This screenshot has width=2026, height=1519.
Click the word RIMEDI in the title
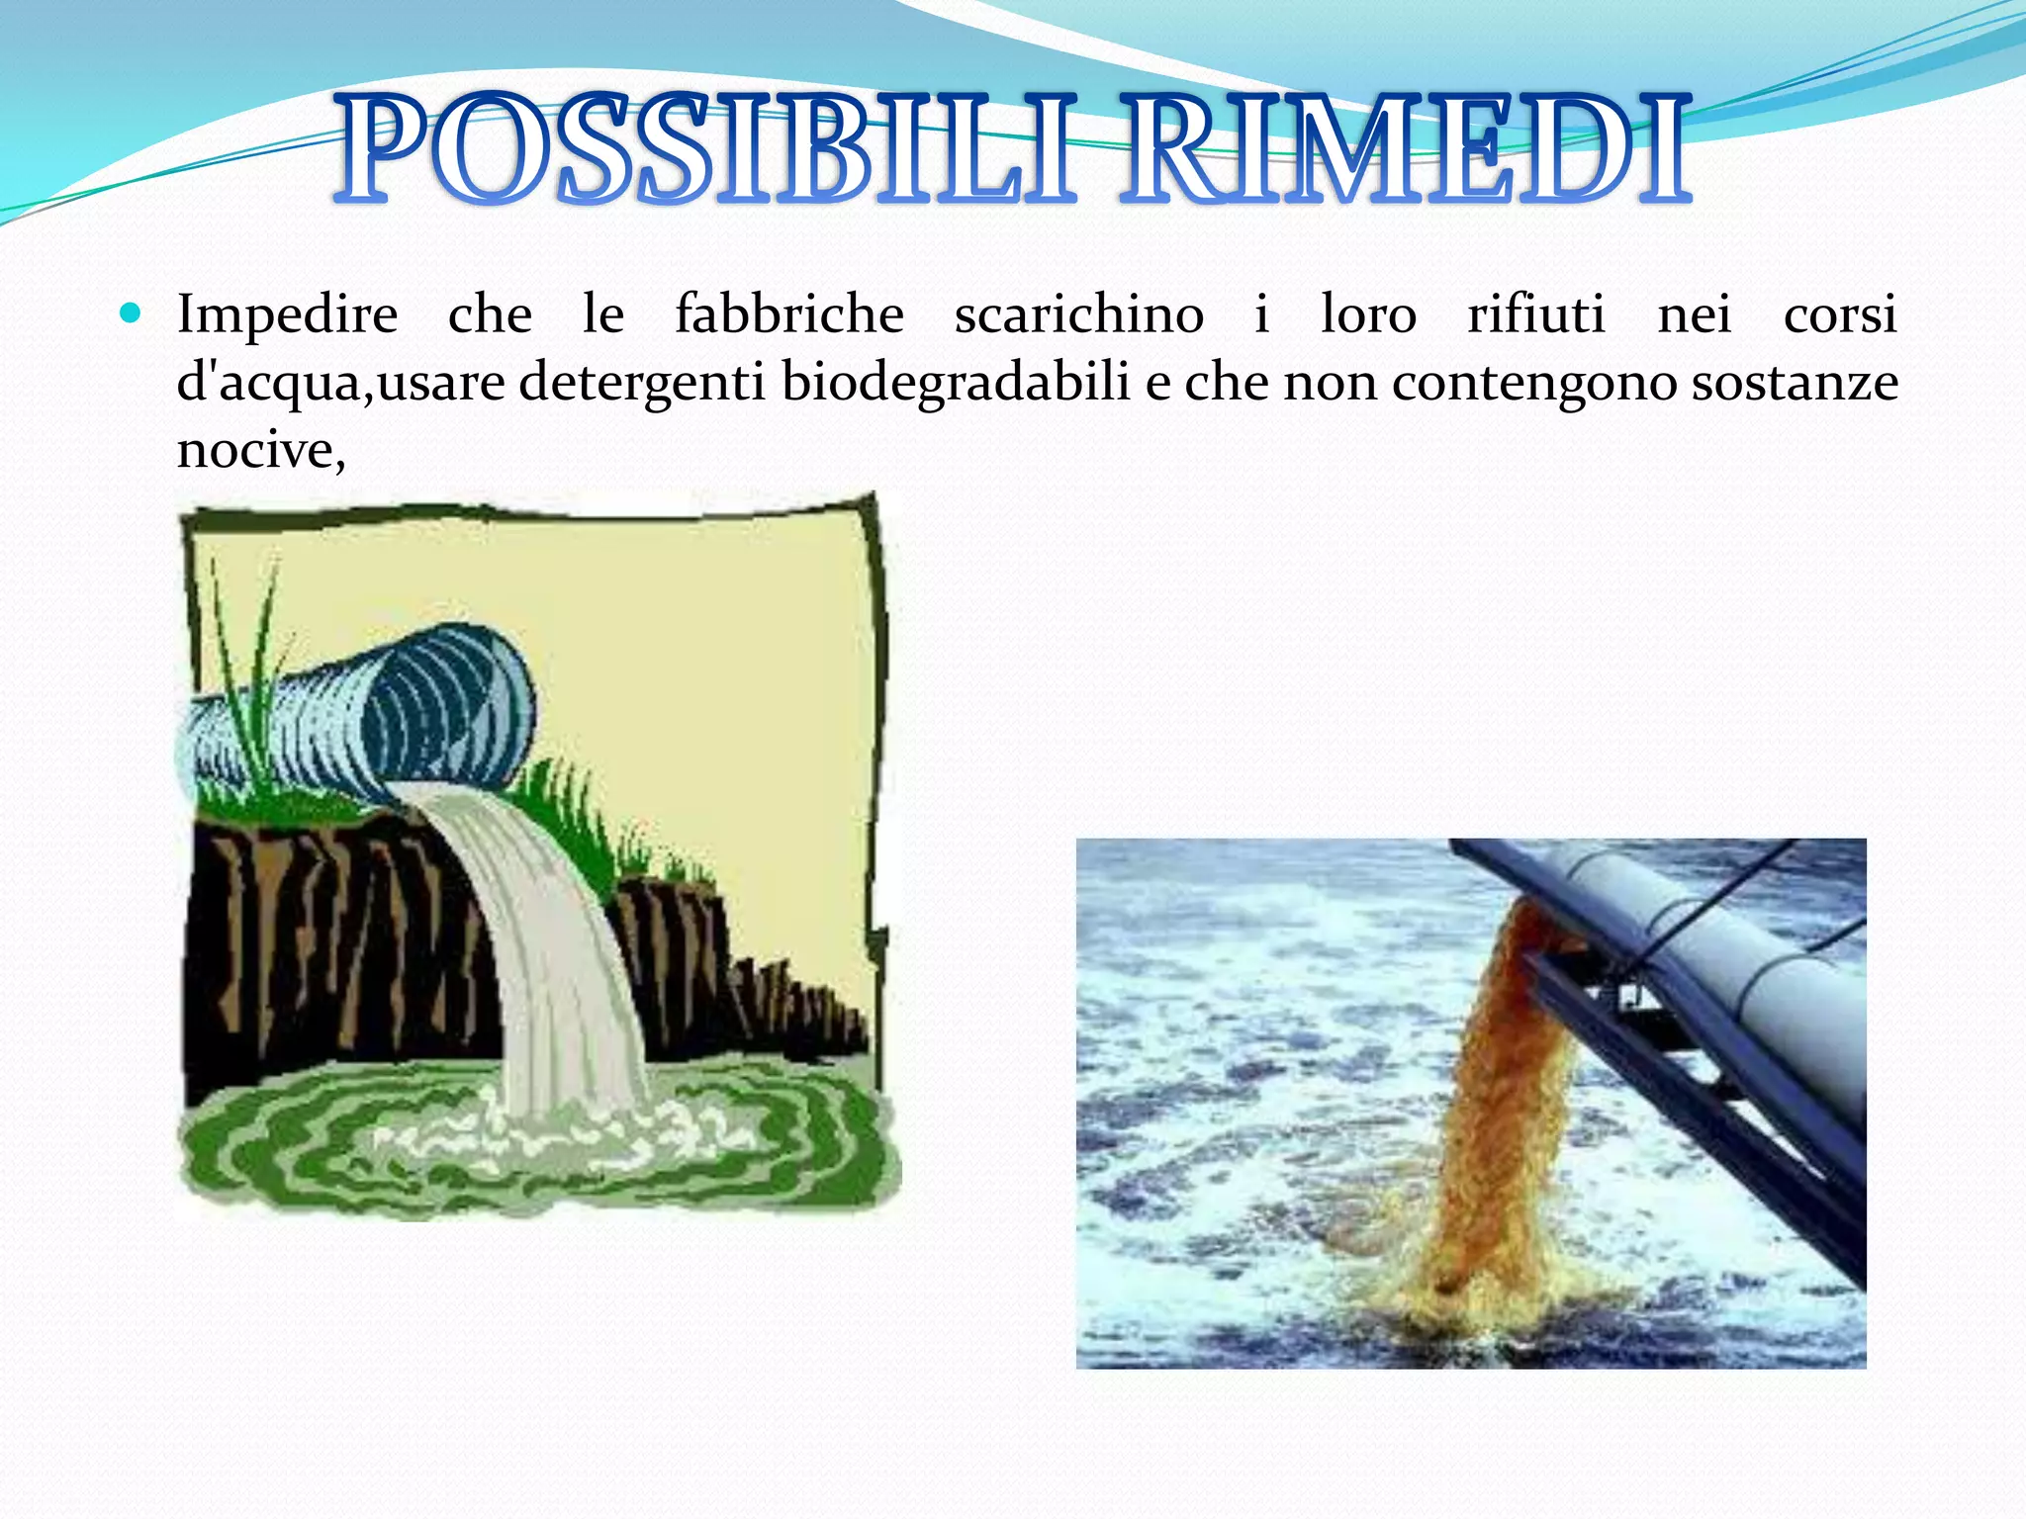tap(1405, 150)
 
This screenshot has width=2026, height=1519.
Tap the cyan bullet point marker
tap(131, 314)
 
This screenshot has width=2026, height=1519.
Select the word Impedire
tap(287, 314)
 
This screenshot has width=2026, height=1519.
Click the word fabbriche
tap(788, 314)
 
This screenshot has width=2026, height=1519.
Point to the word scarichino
tap(1078, 314)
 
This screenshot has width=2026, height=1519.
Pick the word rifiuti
tap(1535, 314)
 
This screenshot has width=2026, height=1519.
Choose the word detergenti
tap(642, 383)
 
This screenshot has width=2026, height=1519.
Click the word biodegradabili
tap(955, 383)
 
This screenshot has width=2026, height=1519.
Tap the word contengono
tap(1533, 383)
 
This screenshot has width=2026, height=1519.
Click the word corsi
tap(1840, 314)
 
